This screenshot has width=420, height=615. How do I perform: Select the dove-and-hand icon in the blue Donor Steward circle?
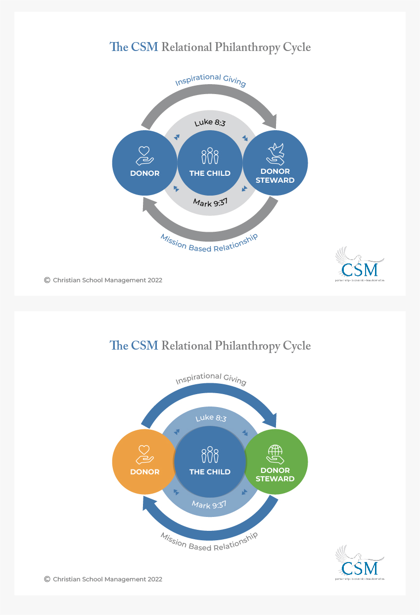pos(276,154)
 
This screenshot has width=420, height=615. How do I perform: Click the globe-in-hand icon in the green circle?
pos(275,453)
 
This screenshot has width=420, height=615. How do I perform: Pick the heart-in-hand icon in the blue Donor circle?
pos(144,154)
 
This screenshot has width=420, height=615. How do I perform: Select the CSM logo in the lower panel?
pos(360,564)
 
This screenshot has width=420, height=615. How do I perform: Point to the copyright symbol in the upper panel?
pos(47,280)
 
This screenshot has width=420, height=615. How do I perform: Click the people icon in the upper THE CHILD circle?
pos(210,155)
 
